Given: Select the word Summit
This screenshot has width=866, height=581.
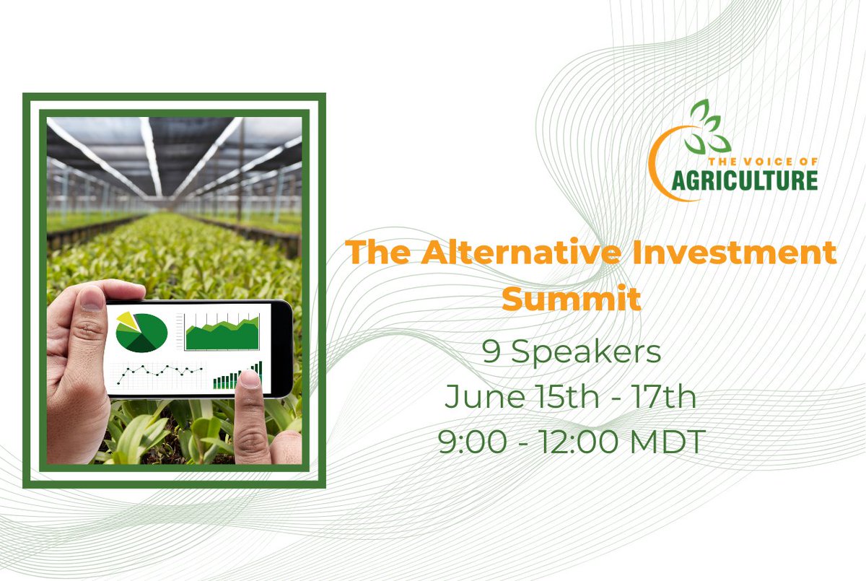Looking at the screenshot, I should tap(571, 298).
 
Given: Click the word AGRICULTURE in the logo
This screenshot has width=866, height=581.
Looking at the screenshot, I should tap(744, 180).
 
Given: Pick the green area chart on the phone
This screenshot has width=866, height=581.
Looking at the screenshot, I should tap(222, 334).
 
